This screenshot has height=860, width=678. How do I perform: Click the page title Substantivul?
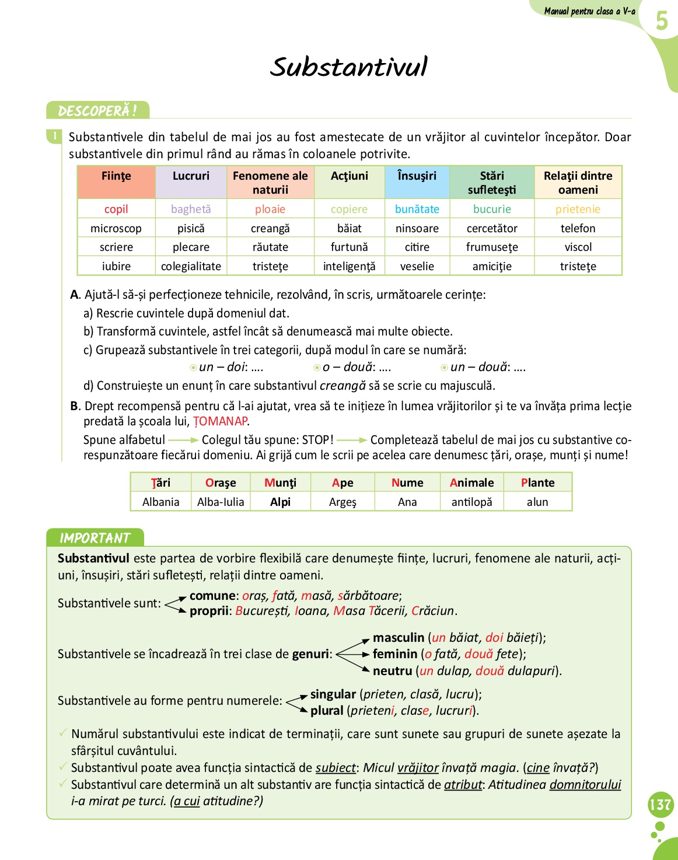click(348, 67)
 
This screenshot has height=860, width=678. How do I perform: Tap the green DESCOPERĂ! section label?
click(97, 110)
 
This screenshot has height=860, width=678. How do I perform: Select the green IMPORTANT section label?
click(95, 538)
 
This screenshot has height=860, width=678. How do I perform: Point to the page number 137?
click(660, 805)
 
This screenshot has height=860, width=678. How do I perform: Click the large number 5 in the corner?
click(661, 21)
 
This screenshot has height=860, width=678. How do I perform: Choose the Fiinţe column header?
click(116, 176)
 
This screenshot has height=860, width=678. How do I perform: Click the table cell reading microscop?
click(116, 228)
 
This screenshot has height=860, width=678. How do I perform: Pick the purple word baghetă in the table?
click(191, 209)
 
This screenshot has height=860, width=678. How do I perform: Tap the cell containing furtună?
click(349, 247)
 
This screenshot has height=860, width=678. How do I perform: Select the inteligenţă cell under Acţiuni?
click(349, 266)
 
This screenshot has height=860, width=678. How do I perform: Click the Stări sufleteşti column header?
click(492, 183)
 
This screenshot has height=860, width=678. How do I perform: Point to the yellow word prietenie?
click(578, 209)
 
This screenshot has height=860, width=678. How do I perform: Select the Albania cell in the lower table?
click(160, 502)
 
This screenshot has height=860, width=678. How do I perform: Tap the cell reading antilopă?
click(471, 502)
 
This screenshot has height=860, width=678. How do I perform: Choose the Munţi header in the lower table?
click(280, 483)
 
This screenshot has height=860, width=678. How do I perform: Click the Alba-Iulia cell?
click(221, 502)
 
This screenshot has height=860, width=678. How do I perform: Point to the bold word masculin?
click(399, 638)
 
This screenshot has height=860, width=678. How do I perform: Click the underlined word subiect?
click(335, 768)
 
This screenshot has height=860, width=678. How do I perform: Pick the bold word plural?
click(327, 711)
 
